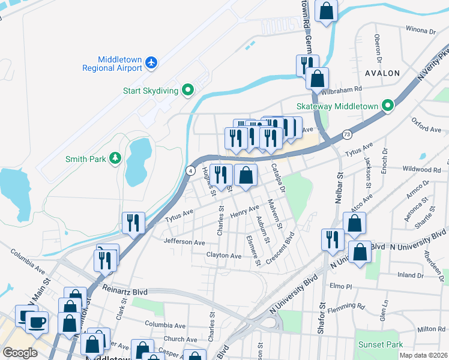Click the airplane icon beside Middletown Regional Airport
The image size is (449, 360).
pyautogui.click(x=152, y=62)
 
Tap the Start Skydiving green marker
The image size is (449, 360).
pyautogui.click(x=188, y=91)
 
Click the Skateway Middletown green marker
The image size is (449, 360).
pyautogui.click(x=388, y=106)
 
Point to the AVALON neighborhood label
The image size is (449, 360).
pyautogui.click(x=382, y=73)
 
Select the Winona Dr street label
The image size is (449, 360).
pyautogui.click(x=420, y=29)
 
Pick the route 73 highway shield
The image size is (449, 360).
pyautogui.click(x=347, y=134)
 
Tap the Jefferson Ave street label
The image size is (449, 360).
pyautogui.click(x=184, y=242)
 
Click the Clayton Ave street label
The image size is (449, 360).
pyautogui.click(x=223, y=256)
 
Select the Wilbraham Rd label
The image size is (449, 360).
pyautogui.click(x=342, y=89)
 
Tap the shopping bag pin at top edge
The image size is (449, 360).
pyautogui.click(x=326, y=11)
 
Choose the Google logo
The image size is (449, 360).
pyautogui.click(x=20, y=352)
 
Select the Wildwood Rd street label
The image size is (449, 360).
pyautogui.click(x=421, y=170)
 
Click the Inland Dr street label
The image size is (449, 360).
pyautogui.click(x=411, y=275)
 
